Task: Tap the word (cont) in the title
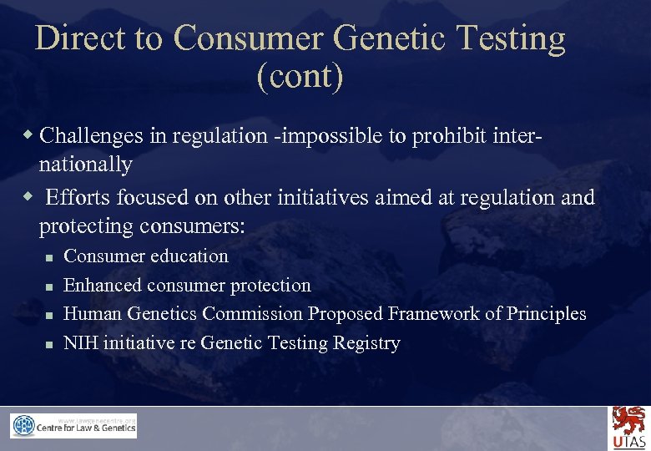(x=300, y=77)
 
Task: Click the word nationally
(x=85, y=165)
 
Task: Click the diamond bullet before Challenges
(x=29, y=134)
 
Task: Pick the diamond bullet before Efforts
(x=29, y=196)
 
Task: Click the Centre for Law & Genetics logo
(x=73, y=426)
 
